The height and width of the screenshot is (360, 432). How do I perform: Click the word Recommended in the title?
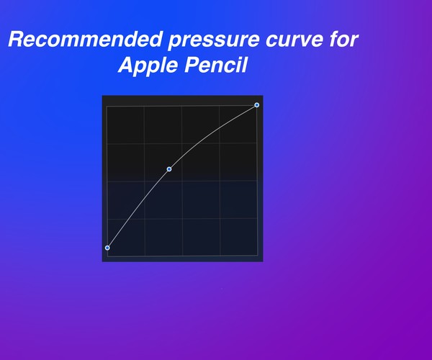pyautogui.click(x=85, y=39)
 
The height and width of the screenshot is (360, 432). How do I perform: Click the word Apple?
pyautogui.click(x=149, y=66)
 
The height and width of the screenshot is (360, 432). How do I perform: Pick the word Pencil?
pyautogui.click(x=215, y=65)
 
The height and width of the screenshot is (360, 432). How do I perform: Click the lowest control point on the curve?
pyautogui.click(x=107, y=248)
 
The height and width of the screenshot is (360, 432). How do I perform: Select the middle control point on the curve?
pyautogui.click(x=169, y=169)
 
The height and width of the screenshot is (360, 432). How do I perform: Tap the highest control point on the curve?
pyautogui.click(x=257, y=105)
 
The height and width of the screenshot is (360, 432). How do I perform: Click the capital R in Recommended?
pyautogui.click(x=16, y=39)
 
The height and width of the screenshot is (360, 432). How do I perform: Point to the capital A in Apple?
pyautogui.click(x=126, y=65)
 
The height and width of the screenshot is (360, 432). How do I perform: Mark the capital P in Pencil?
pyautogui.click(x=192, y=65)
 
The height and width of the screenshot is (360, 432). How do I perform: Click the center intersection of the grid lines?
pyautogui.click(x=182, y=181)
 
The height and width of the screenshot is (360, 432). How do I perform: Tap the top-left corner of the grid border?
pyautogui.click(x=107, y=107)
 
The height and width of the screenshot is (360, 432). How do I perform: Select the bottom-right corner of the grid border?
pyautogui.click(x=257, y=256)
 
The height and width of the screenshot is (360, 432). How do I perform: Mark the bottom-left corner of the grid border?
pyautogui.click(x=107, y=256)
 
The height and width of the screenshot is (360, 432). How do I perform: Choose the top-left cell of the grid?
pyautogui.click(x=125, y=125)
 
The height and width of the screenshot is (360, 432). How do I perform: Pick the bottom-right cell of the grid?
pyautogui.click(x=238, y=237)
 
